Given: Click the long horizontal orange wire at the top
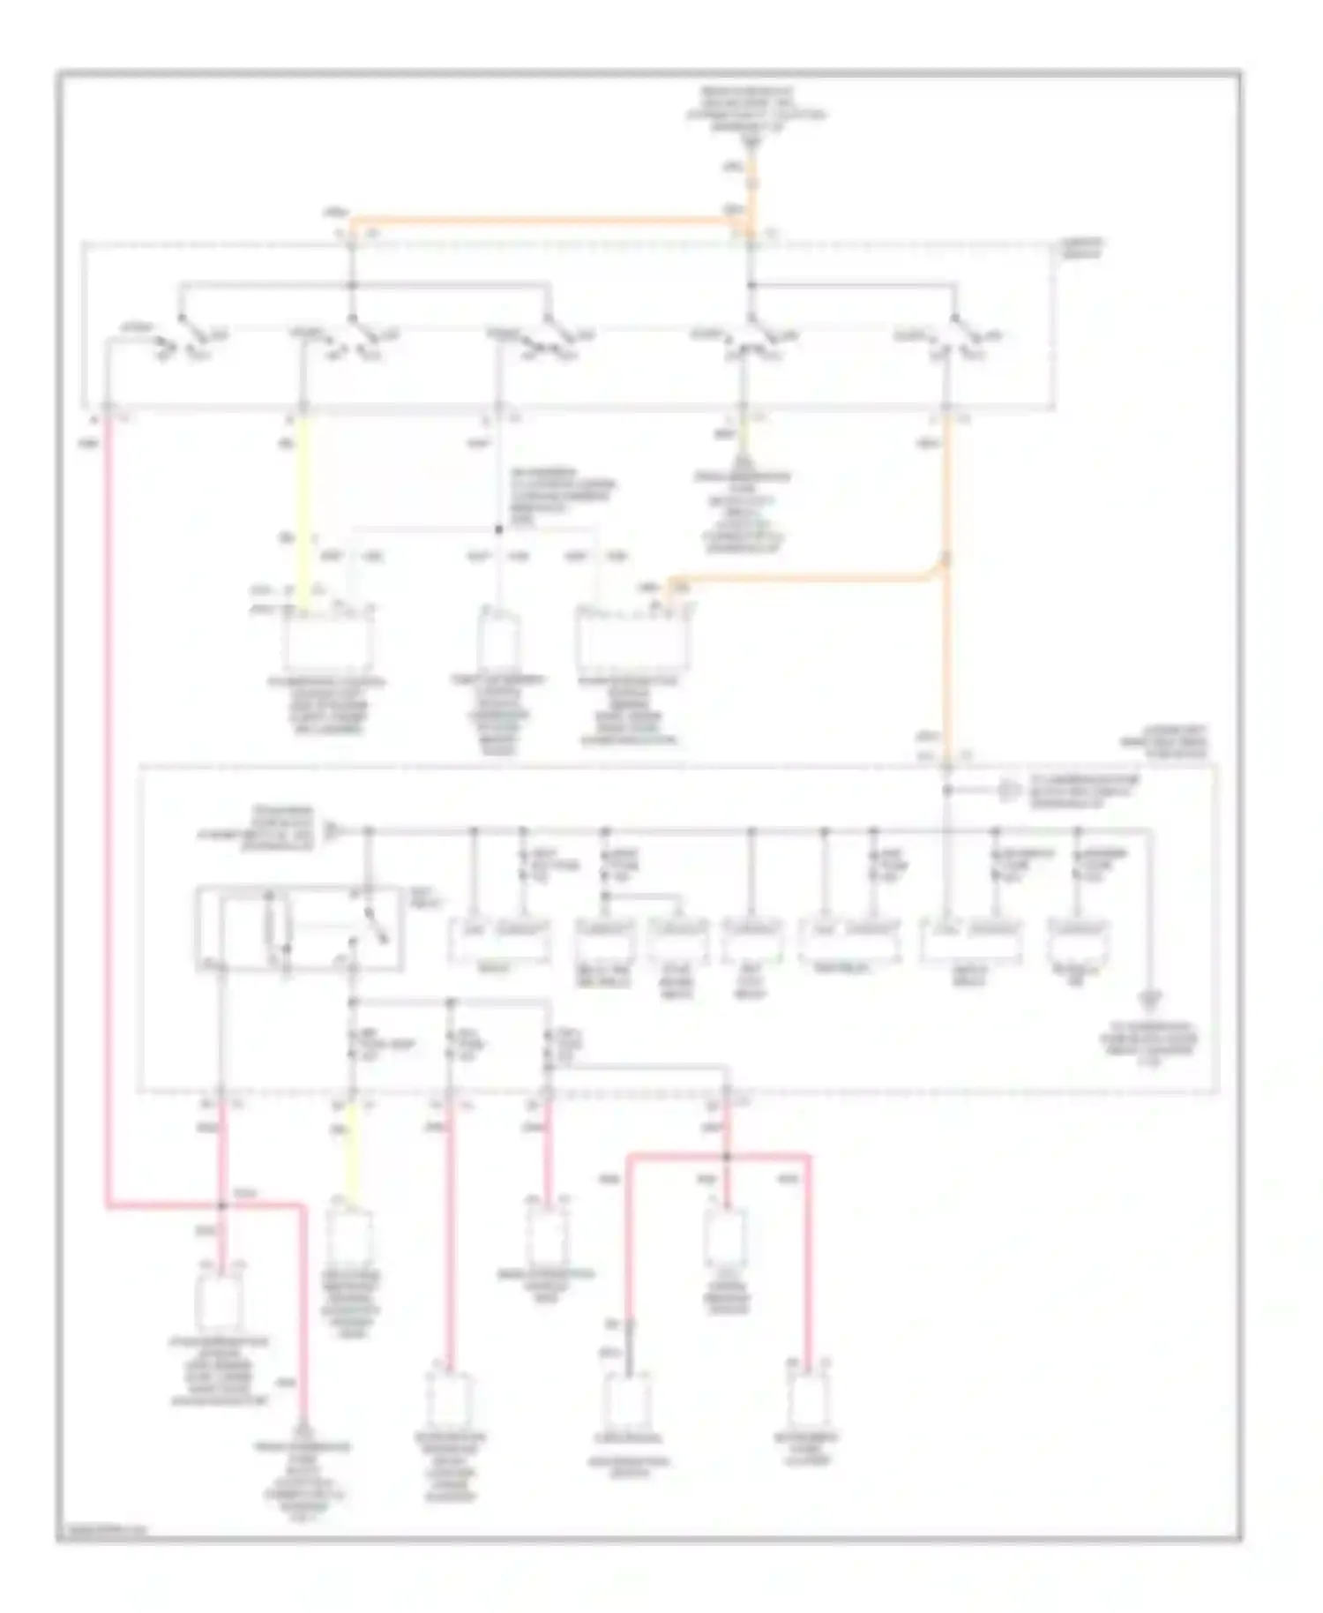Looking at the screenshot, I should [x=547, y=219].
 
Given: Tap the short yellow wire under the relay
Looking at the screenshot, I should [x=352, y=1152].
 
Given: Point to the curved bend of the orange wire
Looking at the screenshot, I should [x=935, y=574].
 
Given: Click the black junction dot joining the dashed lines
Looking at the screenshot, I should [x=498, y=529].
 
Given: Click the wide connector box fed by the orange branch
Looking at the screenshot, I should [x=631, y=640].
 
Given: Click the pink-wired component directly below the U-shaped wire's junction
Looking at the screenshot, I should [x=727, y=1235].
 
